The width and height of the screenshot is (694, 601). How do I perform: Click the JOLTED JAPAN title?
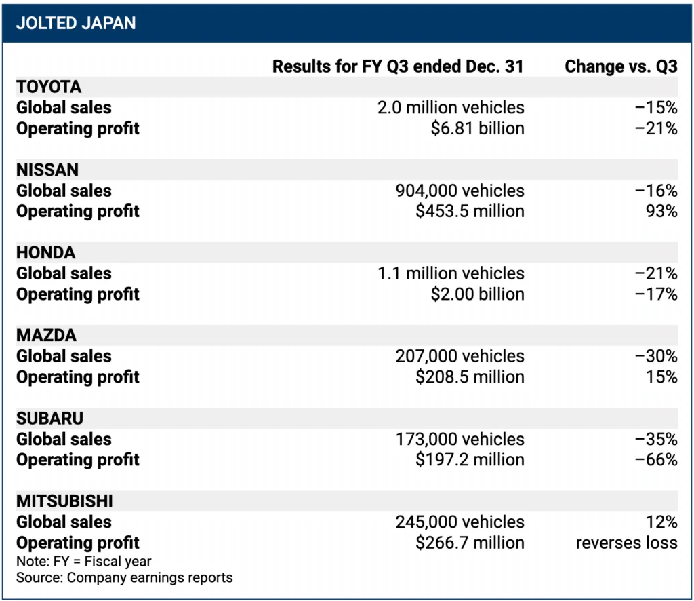tap(76, 22)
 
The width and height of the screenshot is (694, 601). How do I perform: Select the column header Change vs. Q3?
tap(621, 66)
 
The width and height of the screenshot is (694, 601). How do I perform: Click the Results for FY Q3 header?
tap(398, 66)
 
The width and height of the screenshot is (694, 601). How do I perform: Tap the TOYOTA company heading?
tap(49, 87)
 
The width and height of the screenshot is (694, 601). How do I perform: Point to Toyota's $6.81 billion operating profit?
tap(477, 128)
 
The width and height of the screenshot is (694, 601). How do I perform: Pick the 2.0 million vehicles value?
tap(451, 108)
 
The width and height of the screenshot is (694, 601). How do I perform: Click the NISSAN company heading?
tap(47, 170)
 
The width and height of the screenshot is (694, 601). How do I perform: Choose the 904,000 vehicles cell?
tap(460, 191)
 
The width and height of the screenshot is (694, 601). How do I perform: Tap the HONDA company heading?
tap(46, 252)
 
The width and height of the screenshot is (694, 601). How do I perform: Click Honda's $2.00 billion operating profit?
tap(477, 294)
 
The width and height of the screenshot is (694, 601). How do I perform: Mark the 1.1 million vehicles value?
tap(451, 273)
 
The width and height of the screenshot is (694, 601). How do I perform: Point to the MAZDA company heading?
tap(46, 335)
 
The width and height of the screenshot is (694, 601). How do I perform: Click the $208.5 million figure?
tap(470, 376)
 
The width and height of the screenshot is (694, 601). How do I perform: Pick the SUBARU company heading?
tap(49, 418)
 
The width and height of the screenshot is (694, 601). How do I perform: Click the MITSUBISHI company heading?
tap(64, 501)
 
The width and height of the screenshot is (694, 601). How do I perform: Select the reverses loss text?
tap(626, 543)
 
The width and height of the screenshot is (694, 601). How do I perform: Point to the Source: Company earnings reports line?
tap(124, 578)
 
